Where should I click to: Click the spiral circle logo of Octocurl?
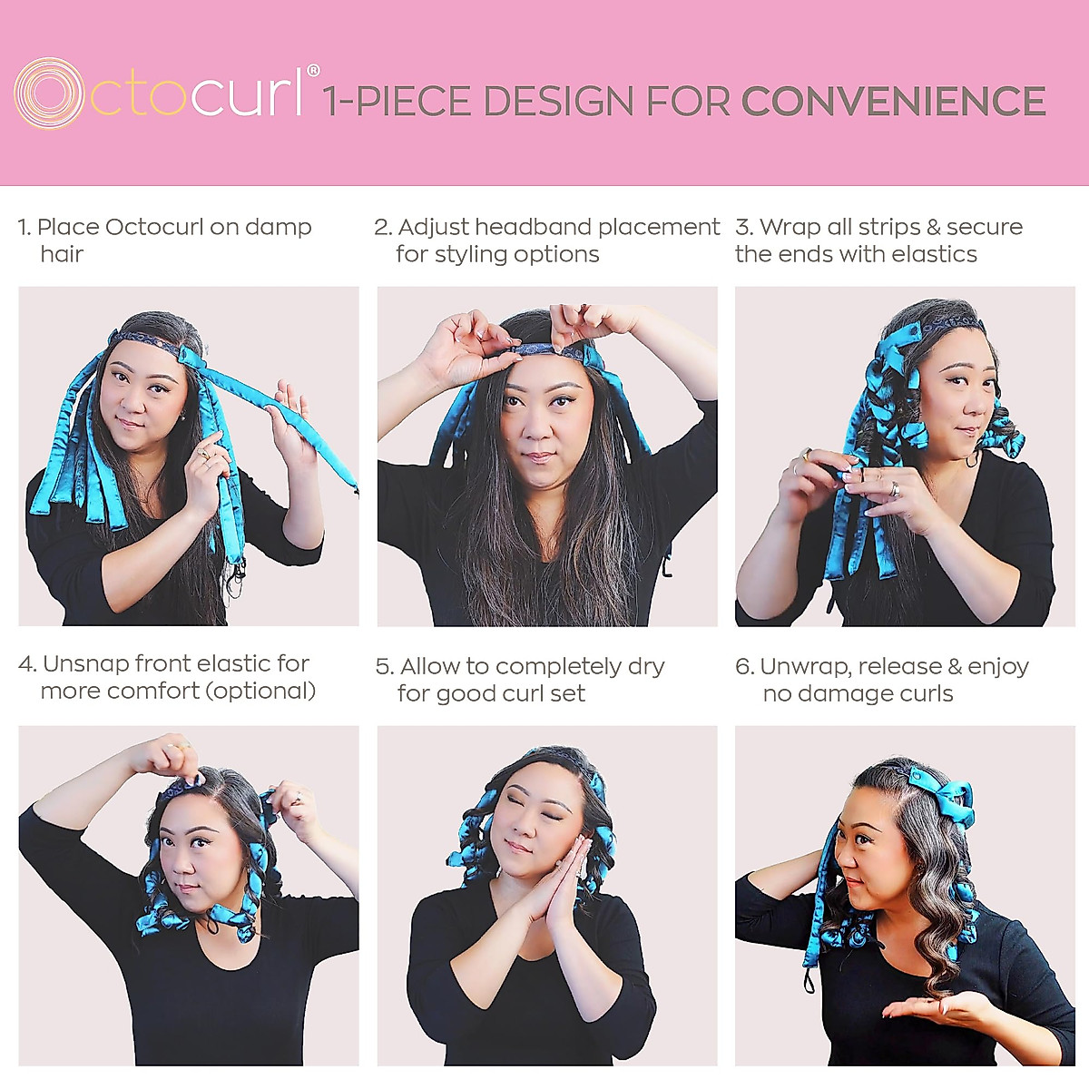(x=50, y=93)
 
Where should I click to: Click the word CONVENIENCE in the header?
(x=893, y=101)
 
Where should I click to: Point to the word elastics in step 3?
(x=935, y=254)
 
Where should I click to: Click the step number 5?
(x=384, y=667)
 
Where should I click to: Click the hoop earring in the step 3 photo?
(x=973, y=457)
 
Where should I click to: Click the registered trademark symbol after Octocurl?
(x=313, y=70)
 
